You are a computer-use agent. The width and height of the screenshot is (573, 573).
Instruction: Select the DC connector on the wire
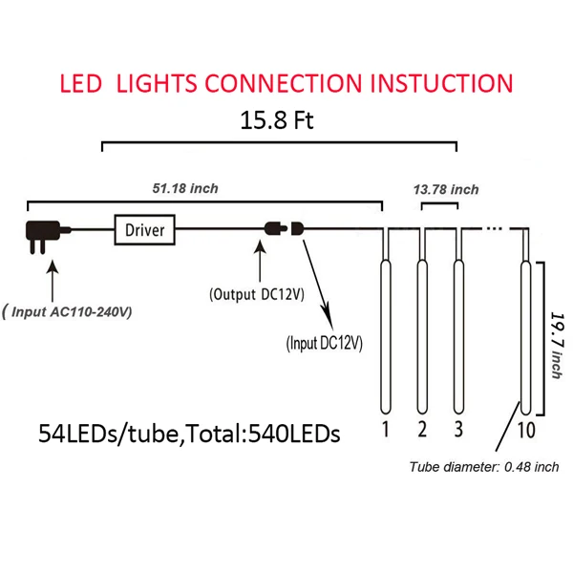click(284, 229)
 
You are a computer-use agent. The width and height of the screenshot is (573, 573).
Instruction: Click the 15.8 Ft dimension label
click(277, 121)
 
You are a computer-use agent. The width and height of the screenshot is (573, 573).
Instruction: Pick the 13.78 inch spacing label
click(446, 189)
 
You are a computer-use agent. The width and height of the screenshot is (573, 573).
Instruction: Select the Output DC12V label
click(256, 293)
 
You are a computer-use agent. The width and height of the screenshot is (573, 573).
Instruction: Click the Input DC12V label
click(324, 341)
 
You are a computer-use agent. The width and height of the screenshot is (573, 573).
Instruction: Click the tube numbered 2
click(421, 329)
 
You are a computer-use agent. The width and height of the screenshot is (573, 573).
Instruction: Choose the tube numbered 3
click(457, 329)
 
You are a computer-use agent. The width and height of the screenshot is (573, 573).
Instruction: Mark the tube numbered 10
click(524, 329)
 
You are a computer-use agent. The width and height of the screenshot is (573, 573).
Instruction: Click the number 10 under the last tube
click(524, 429)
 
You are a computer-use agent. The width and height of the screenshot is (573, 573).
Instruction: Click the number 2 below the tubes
click(421, 429)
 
